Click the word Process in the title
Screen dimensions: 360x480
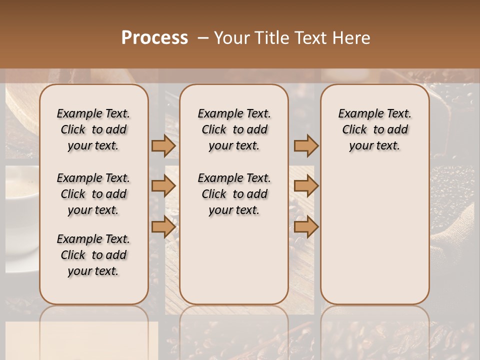coord(154,38)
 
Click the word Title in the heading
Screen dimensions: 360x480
coord(270,38)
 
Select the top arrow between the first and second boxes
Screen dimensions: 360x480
coord(163,145)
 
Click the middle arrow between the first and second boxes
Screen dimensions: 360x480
coord(163,186)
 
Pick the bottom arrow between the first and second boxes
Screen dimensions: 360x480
coord(163,227)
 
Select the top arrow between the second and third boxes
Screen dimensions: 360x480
coord(306,145)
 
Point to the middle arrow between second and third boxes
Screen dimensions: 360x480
coord(306,186)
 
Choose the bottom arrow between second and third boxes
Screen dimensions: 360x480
coord(306,227)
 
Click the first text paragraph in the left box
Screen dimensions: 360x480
coord(93,129)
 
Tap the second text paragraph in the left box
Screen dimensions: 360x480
coord(93,194)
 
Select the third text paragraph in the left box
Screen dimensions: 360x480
coord(93,255)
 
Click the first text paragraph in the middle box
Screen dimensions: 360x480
coord(234,129)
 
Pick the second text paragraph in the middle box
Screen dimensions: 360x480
coord(234,194)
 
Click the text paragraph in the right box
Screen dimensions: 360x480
coord(375,129)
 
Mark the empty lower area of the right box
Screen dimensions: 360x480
coord(375,235)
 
